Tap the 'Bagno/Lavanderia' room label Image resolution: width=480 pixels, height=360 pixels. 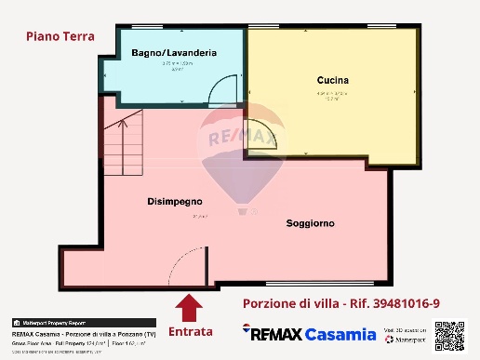pyautogui.click(x=174, y=53)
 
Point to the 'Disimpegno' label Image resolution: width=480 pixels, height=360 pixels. pyautogui.click(x=175, y=201)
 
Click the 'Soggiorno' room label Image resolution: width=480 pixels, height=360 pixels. pyautogui.click(x=311, y=224)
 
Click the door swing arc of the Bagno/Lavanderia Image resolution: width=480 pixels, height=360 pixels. pyautogui.click(x=222, y=92)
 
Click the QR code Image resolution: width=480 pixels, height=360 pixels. pyautogui.click(x=449, y=335)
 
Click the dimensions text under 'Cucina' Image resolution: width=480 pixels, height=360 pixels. pyautogui.click(x=332, y=93)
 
